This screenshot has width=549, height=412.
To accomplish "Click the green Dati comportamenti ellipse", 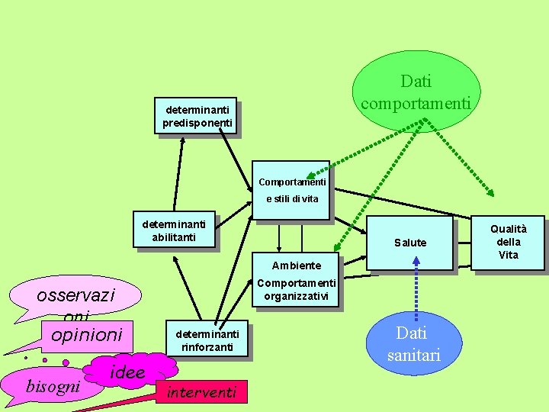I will click(416, 91).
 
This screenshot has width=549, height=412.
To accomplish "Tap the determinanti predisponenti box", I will click(196, 115).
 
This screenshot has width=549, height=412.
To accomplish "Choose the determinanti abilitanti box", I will click(174, 230).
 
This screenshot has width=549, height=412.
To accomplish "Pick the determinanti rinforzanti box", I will click(207, 340).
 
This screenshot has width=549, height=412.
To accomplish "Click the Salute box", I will click(410, 243).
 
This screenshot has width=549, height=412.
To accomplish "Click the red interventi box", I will click(201, 393).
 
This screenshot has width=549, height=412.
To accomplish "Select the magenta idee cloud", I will click(128, 372).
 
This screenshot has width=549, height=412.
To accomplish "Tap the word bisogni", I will click(53, 386).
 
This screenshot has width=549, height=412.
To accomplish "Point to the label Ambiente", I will click(297, 266).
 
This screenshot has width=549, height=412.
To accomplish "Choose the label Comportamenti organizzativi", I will click(297, 290).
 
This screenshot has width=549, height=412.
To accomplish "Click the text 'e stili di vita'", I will click(292, 199).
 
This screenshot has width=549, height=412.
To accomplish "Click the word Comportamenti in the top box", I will click(292, 182).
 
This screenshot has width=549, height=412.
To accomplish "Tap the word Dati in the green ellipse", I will click(416, 81).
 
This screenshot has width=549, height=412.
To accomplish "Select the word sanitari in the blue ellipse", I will click(413, 356).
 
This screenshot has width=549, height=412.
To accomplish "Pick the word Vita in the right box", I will click(508, 255).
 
